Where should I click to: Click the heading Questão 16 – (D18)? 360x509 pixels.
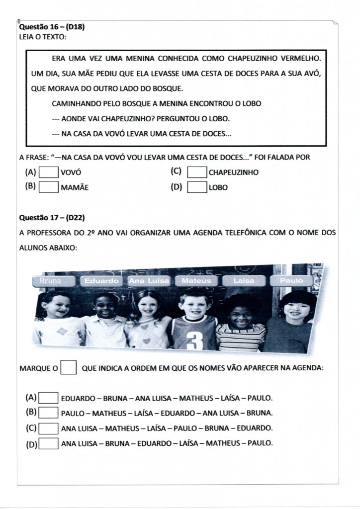pyautogui.click(x=52, y=27)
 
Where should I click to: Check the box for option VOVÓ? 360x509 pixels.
pyautogui.click(x=49, y=172)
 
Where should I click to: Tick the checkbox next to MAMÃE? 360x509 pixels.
pyautogui.click(x=49, y=187)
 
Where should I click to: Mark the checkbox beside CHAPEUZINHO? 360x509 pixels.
pyautogui.click(x=197, y=172)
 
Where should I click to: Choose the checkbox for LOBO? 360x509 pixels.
pyautogui.click(x=197, y=187)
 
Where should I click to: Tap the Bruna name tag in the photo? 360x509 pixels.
pyautogui.click(x=51, y=281)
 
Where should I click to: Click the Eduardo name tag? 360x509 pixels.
pyautogui.click(x=101, y=281)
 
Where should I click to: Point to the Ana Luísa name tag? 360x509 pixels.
pyautogui.click(x=149, y=281)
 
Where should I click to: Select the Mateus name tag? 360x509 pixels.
pyautogui.click(x=196, y=281)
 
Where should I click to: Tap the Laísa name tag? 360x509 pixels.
pyautogui.click(x=244, y=281)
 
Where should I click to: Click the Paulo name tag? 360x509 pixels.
pyautogui.click(x=291, y=281)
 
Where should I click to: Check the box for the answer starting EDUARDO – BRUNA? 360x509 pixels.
pyautogui.click(x=49, y=398)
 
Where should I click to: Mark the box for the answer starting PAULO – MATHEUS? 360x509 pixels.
pyautogui.click(x=49, y=413)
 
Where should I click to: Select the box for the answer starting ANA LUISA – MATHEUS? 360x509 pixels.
pyautogui.click(x=49, y=428)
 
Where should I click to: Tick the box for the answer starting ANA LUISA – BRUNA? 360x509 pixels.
pyautogui.click(x=49, y=443)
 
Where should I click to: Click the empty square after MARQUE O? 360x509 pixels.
pyautogui.click(x=69, y=368)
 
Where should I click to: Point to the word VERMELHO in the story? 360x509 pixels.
pyautogui.click(x=300, y=59)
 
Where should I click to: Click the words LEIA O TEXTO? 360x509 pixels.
pyautogui.click(x=43, y=37)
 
